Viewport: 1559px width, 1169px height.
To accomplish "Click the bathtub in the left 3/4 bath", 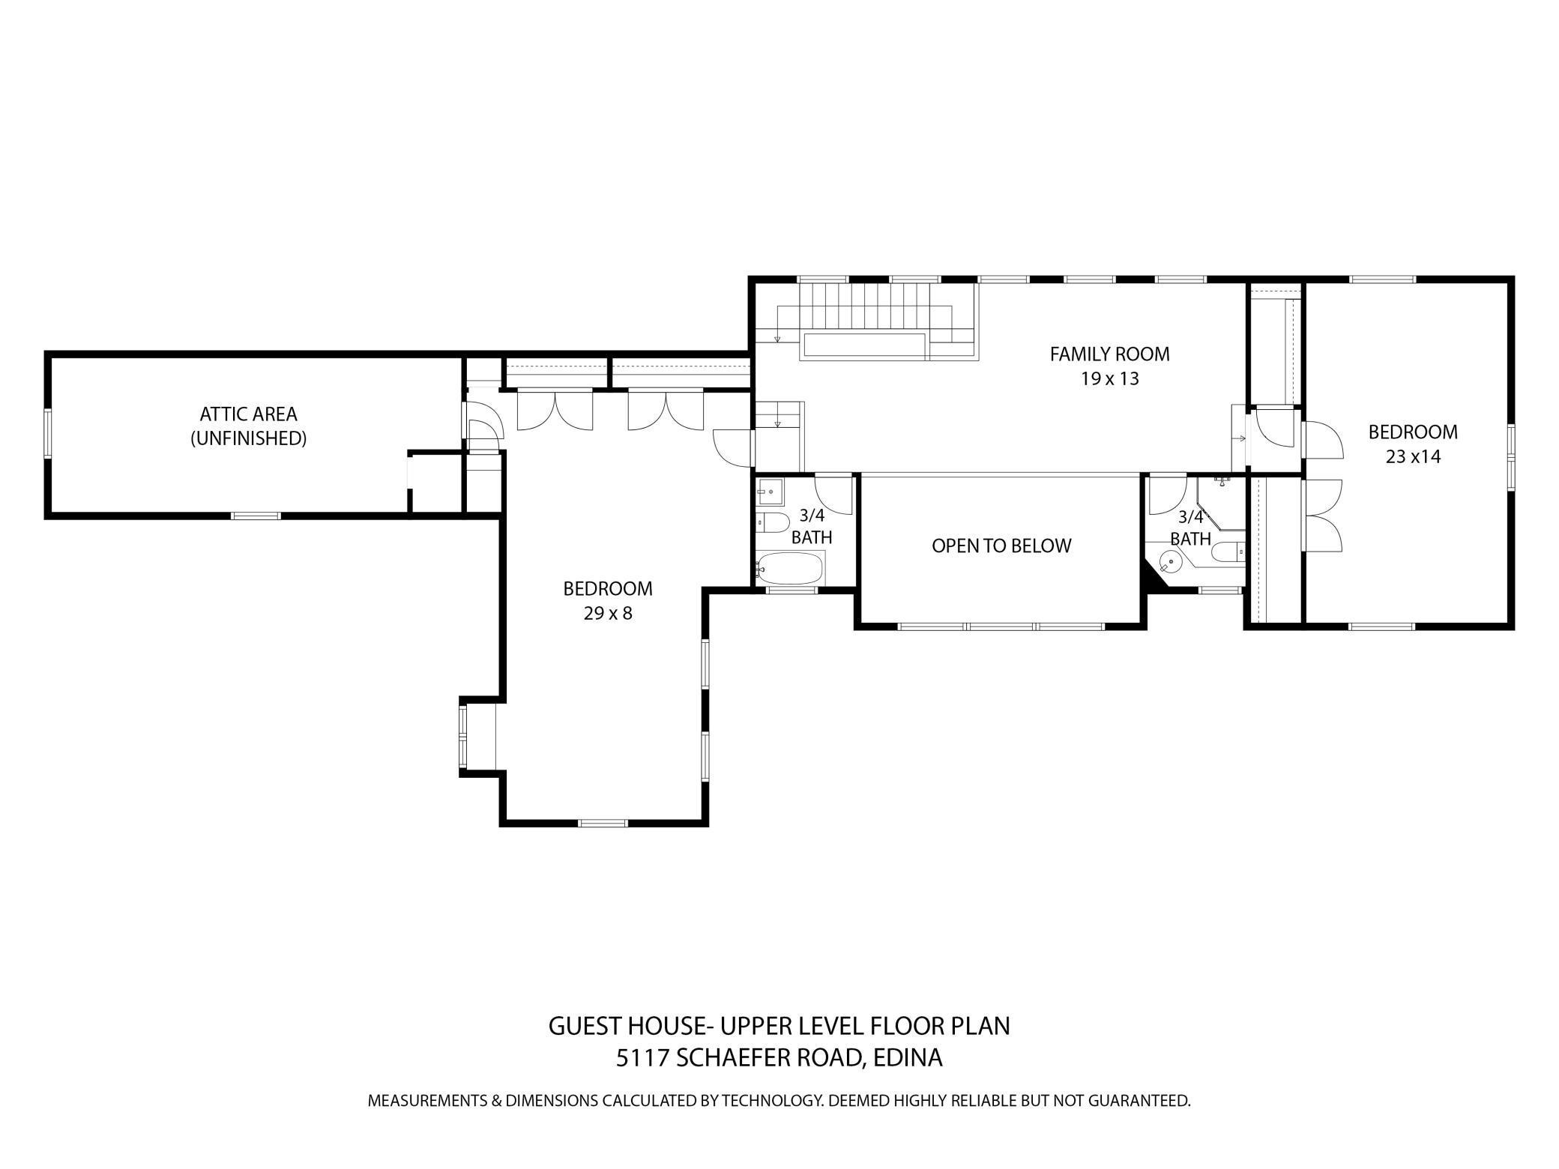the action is point(790,569).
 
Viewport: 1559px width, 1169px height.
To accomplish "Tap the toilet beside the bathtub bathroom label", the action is point(772,522).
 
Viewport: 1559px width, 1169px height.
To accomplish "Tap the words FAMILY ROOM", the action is point(1109,354).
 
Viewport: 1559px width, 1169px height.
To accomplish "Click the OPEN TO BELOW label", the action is point(1001,546).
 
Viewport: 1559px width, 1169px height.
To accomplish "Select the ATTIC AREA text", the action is point(248,414).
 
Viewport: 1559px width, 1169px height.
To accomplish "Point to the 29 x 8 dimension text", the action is point(608,614).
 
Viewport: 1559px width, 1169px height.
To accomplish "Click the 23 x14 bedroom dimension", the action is point(1413,456).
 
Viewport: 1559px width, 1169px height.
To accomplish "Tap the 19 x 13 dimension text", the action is point(1109,378).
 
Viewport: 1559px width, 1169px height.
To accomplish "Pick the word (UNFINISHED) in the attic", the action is point(248,438).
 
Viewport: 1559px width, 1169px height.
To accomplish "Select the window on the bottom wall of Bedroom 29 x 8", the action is point(603,823).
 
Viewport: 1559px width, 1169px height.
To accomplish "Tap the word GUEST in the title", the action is point(585,1025).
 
